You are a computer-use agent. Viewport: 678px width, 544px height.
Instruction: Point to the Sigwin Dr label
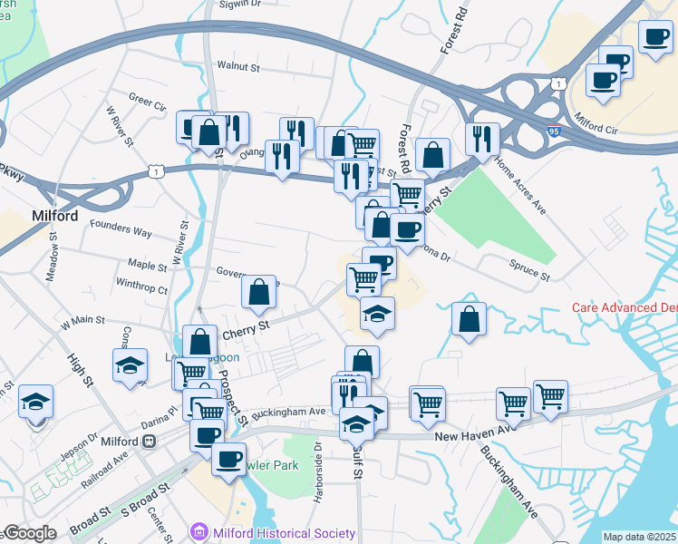pos(236,4)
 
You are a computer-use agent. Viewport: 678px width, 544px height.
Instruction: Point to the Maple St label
pos(147,267)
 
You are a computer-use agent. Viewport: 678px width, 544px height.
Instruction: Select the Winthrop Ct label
pos(142,290)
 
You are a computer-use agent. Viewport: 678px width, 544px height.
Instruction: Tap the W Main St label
pos(83,322)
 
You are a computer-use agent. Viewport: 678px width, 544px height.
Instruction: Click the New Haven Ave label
pos(468,437)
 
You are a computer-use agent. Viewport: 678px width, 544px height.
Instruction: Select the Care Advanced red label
pos(625,307)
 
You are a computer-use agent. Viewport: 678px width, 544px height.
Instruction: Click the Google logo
pos(29,533)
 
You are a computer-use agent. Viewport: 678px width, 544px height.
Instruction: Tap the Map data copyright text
pos(640,537)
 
